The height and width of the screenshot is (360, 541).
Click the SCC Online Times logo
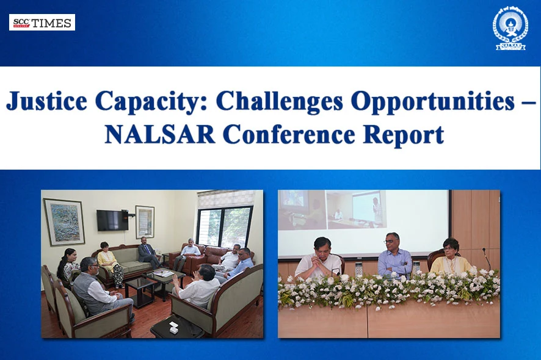point(42,23)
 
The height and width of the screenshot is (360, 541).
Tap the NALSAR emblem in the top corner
point(510,28)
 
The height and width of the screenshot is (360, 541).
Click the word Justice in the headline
point(46,101)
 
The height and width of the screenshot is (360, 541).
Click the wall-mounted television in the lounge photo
point(112,220)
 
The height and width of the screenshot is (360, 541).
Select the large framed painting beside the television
point(64,221)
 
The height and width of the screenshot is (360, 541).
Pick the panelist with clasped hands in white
point(318,260)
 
